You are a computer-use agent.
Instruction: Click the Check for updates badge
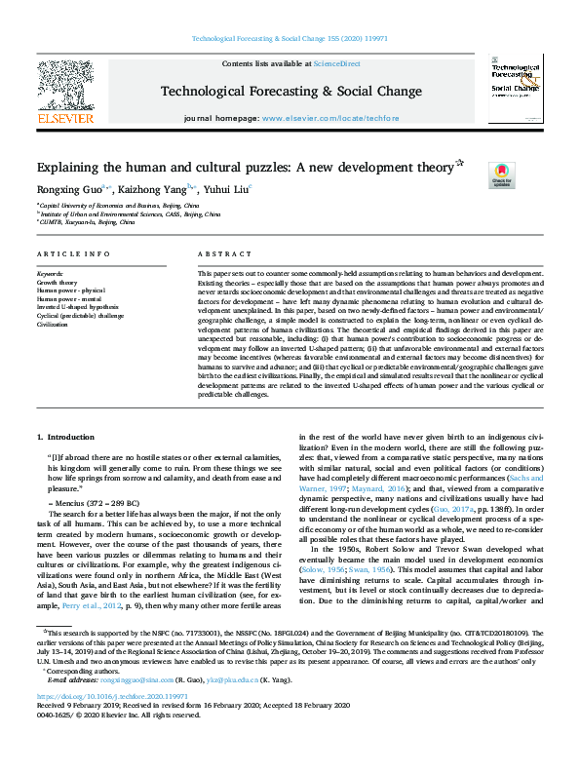[x=500, y=174]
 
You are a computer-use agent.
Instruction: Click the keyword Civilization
[x=55, y=323]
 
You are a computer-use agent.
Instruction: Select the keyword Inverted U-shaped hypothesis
[x=79, y=307]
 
